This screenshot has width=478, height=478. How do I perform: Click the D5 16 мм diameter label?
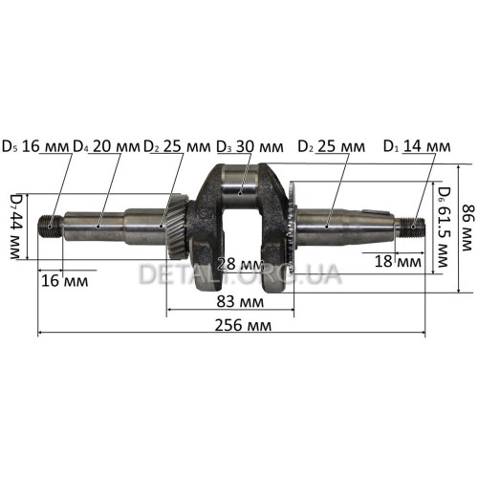tap(35, 147)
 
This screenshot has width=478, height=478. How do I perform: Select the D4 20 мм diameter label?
tap(107, 147)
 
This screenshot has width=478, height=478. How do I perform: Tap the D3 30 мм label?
tap(250, 147)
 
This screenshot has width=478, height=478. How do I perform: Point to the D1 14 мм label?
tap(417, 146)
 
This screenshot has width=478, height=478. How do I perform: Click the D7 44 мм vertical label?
tap(16, 226)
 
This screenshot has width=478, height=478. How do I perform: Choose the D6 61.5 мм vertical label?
tap(444, 227)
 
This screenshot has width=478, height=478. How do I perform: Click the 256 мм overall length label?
tap(243, 326)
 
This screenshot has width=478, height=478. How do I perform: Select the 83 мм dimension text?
tap(240, 301)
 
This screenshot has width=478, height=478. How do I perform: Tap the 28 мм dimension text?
tap(241, 264)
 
